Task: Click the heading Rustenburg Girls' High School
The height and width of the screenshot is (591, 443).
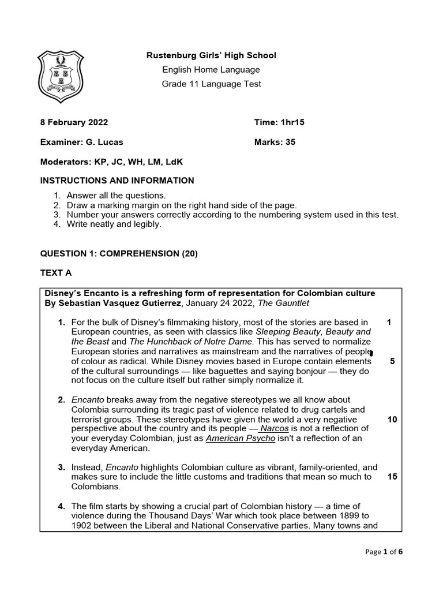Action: (x=211, y=55)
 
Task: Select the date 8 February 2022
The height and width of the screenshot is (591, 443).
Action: (x=74, y=122)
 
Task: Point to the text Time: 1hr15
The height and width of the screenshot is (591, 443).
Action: (x=279, y=122)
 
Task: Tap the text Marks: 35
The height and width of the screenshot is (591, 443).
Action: (x=275, y=142)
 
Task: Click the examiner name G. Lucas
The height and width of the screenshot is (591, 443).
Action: (x=104, y=142)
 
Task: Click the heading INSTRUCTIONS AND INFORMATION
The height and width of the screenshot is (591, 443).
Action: (x=117, y=181)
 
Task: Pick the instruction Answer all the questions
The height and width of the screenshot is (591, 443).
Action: (x=116, y=195)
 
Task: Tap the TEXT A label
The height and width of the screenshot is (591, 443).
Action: (x=56, y=272)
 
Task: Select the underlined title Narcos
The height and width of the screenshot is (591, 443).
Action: (x=274, y=428)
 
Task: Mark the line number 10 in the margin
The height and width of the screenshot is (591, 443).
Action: (x=392, y=420)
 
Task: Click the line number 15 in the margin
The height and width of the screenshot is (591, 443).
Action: (x=392, y=477)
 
